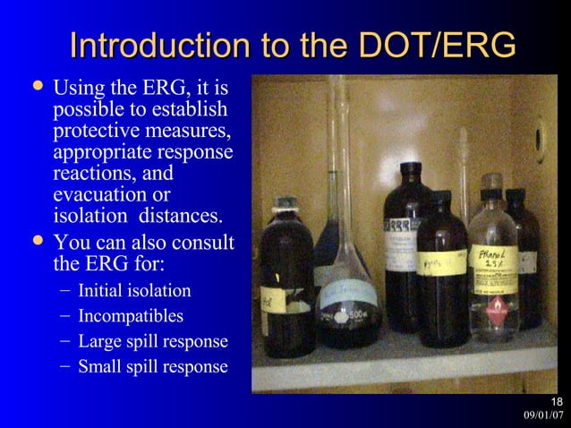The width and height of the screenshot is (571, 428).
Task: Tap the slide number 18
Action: pos(556,400)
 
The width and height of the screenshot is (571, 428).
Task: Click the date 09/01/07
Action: pos(545,415)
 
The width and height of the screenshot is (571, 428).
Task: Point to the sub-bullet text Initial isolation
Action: pos(134,291)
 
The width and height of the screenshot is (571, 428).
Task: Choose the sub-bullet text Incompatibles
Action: pos(131,316)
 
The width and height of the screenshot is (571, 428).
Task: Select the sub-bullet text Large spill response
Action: pos(153,341)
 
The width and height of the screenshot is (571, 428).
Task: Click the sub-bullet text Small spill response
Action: pos(153,366)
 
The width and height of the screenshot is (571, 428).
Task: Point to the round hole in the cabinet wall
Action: pos(539,140)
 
